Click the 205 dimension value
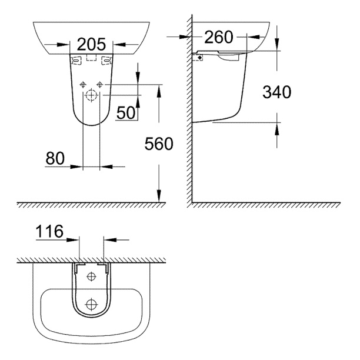(x=91, y=44)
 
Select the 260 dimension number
(x=219, y=38)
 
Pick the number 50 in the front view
(x=126, y=112)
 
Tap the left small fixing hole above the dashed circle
(x=84, y=82)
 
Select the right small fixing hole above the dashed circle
(x=99, y=82)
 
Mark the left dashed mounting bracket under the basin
(x=75, y=60)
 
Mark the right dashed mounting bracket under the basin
(x=106, y=60)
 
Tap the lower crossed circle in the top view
(x=91, y=304)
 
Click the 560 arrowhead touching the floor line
(x=159, y=198)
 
